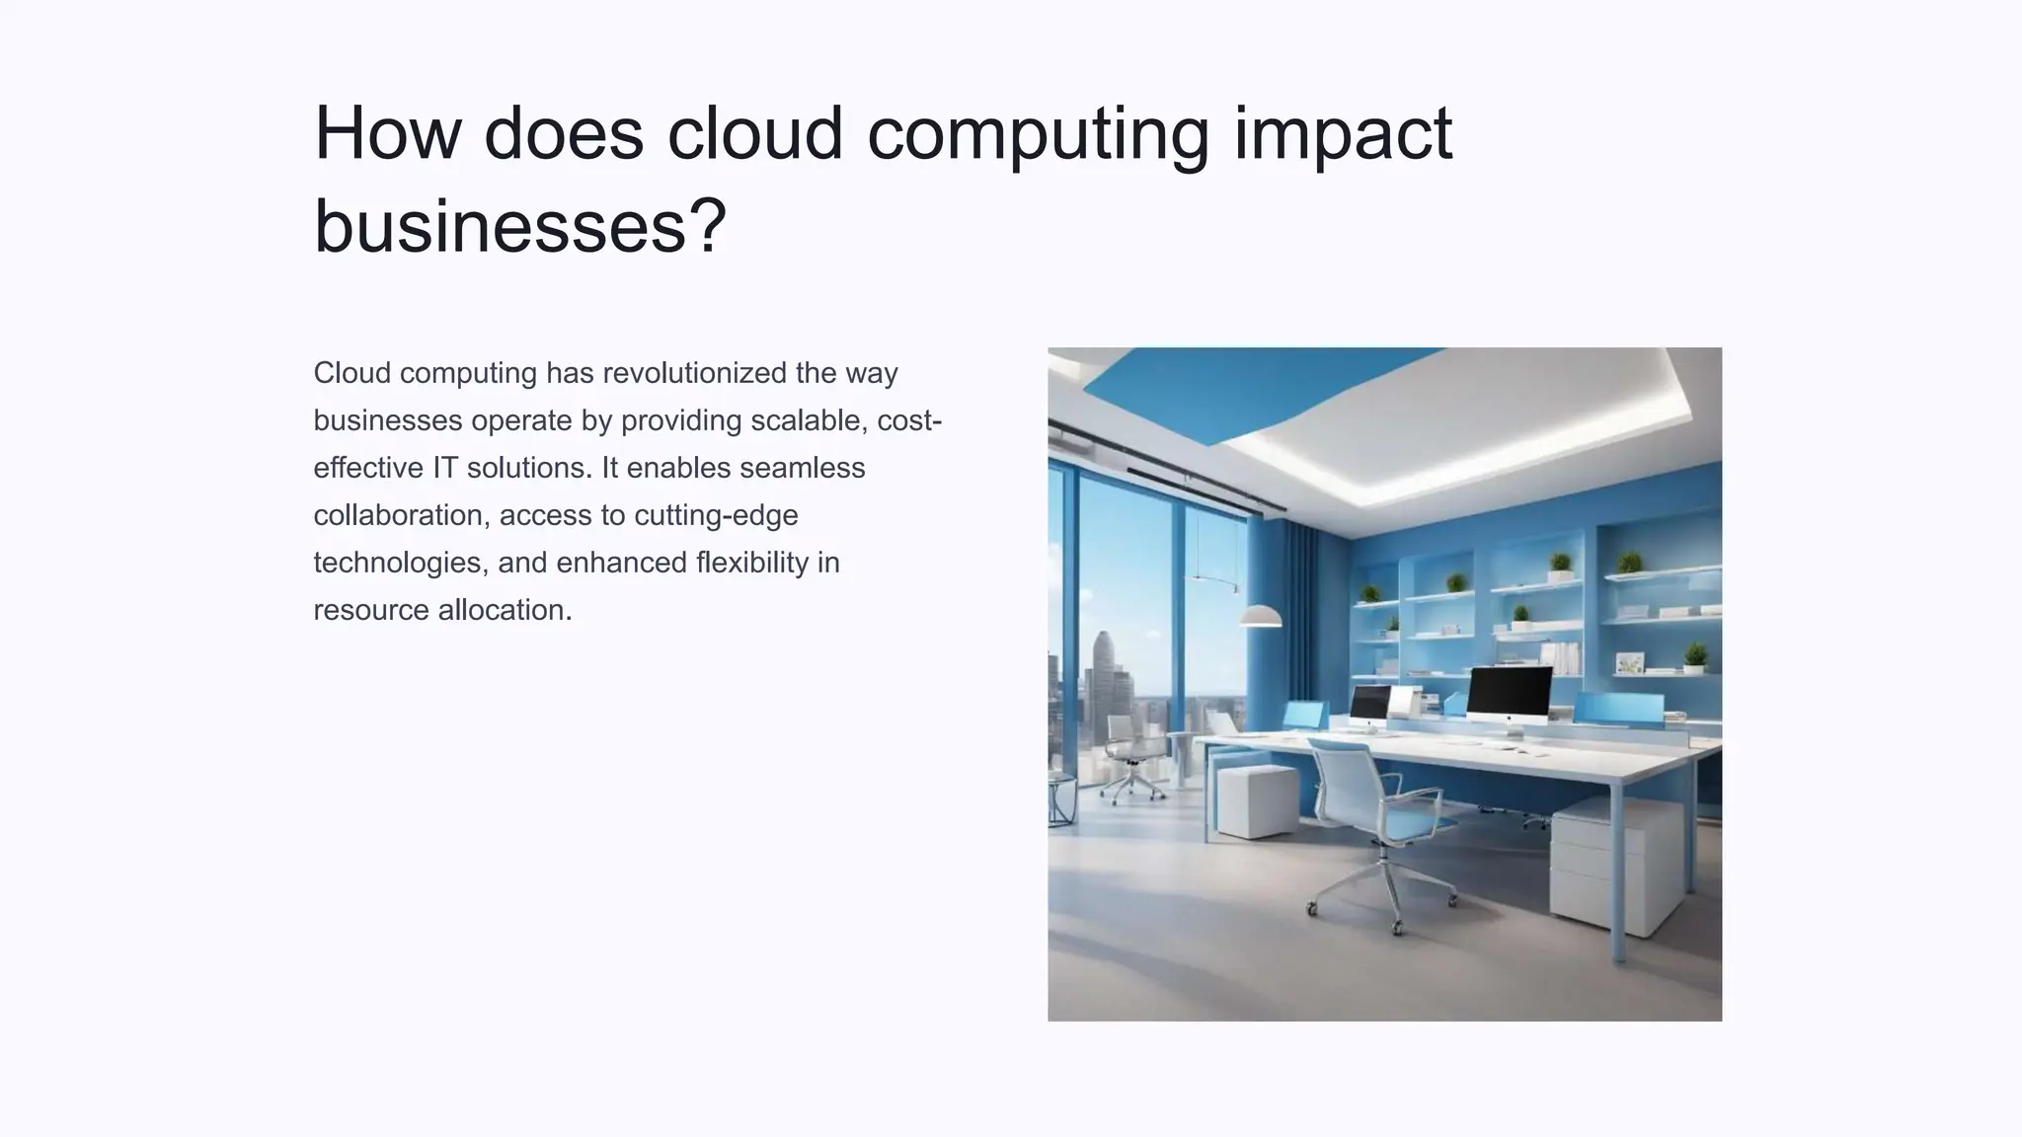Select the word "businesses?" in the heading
point(519,225)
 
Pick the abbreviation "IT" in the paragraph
point(444,468)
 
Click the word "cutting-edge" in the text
point(716,515)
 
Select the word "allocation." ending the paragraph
point(505,610)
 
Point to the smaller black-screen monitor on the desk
point(1369,704)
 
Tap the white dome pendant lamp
point(1260,617)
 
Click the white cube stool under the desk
point(1256,799)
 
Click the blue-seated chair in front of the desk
point(1377,819)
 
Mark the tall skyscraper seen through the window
point(1104,681)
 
